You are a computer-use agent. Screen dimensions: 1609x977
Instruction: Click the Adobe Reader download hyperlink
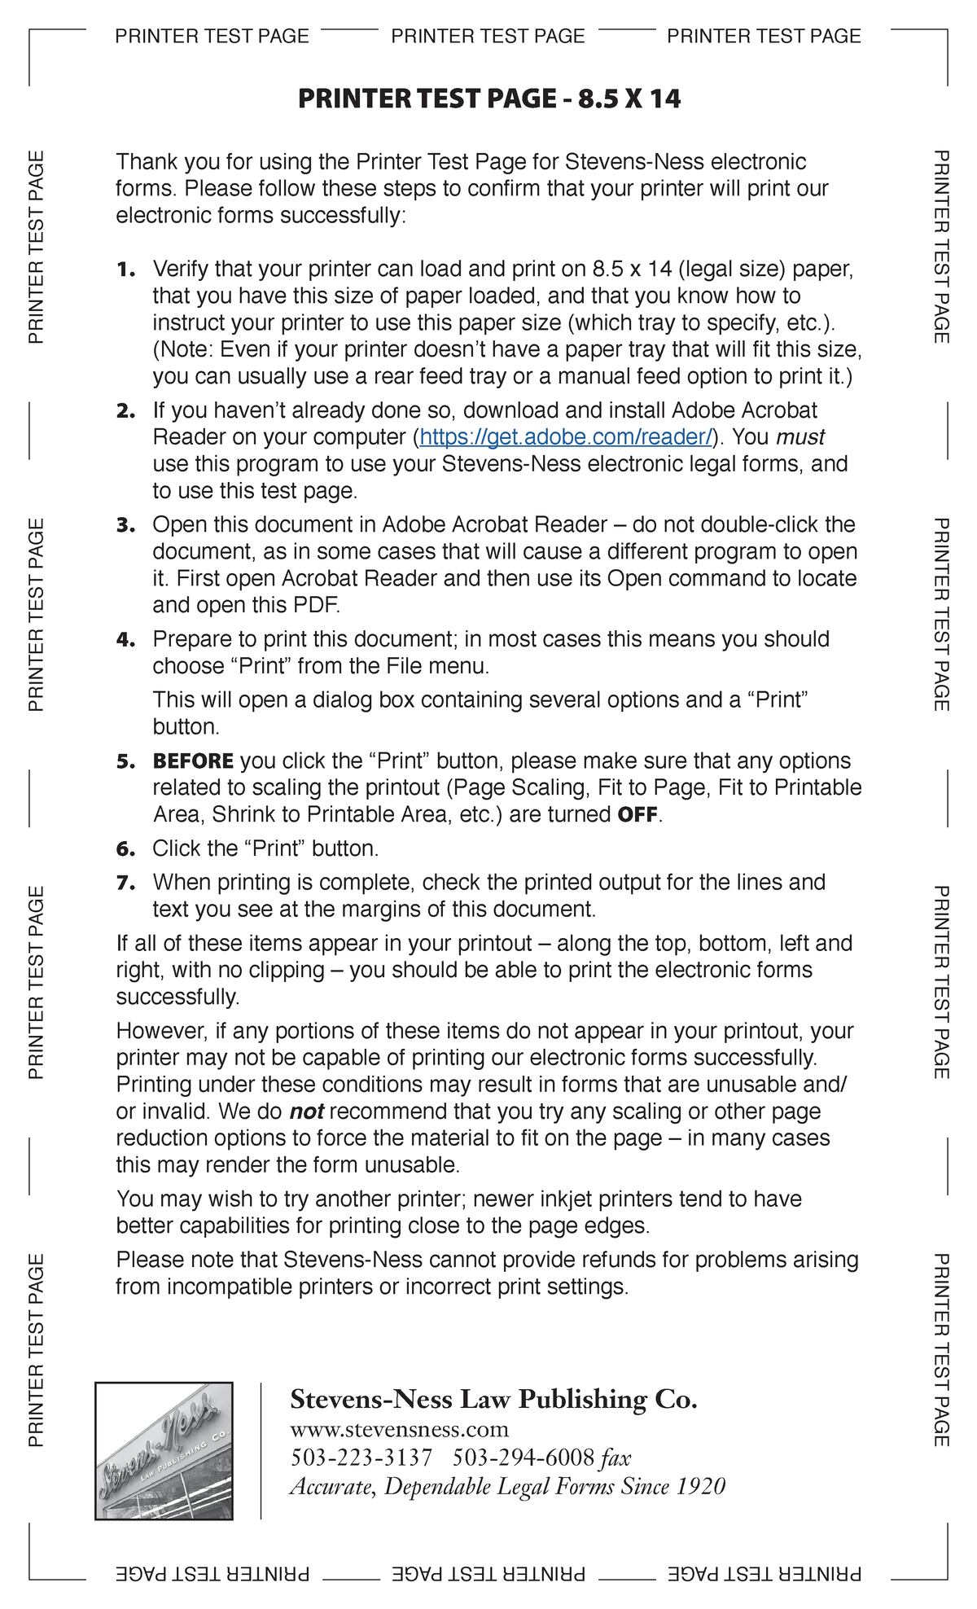click(x=566, y=437)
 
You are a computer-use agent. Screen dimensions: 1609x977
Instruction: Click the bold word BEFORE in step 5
click(x=193, y=761)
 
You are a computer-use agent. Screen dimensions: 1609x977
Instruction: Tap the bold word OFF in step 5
click(x=637, y=815)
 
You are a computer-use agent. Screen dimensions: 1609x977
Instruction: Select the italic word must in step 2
click(x=800, y=437)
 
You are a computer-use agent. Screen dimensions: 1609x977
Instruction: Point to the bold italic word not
click(x=306, y=1111)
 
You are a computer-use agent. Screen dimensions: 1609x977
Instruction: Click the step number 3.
click(x=125, y=525)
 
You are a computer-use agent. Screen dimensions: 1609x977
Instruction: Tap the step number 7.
click(x=125, y=883)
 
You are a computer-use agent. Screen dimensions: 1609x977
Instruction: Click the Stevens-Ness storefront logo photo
click(x=164, y=1450)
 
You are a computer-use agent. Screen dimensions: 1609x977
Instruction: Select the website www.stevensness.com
click(x=399, y=1429)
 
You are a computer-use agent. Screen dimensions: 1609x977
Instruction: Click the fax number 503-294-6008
click(x=523, y=1458)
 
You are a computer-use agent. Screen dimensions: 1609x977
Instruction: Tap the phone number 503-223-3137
click(x=361, y=1458)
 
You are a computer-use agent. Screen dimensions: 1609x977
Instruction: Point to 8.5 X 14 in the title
click(x=629, y=99)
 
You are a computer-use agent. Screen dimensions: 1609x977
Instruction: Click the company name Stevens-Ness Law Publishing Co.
click(x=493, y=1399)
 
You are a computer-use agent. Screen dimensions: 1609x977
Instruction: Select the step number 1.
click(x=125, y=270)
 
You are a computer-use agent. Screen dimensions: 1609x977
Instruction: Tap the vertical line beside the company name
click(x=261, y=1450)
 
